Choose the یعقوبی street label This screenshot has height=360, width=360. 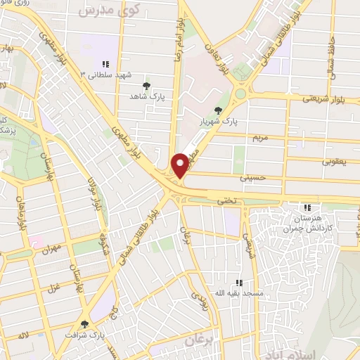coord(335,161)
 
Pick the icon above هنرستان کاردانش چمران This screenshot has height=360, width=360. coord(307,207)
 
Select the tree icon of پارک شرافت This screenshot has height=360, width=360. coord(85,324)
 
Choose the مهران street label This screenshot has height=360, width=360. coord(52,249)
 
